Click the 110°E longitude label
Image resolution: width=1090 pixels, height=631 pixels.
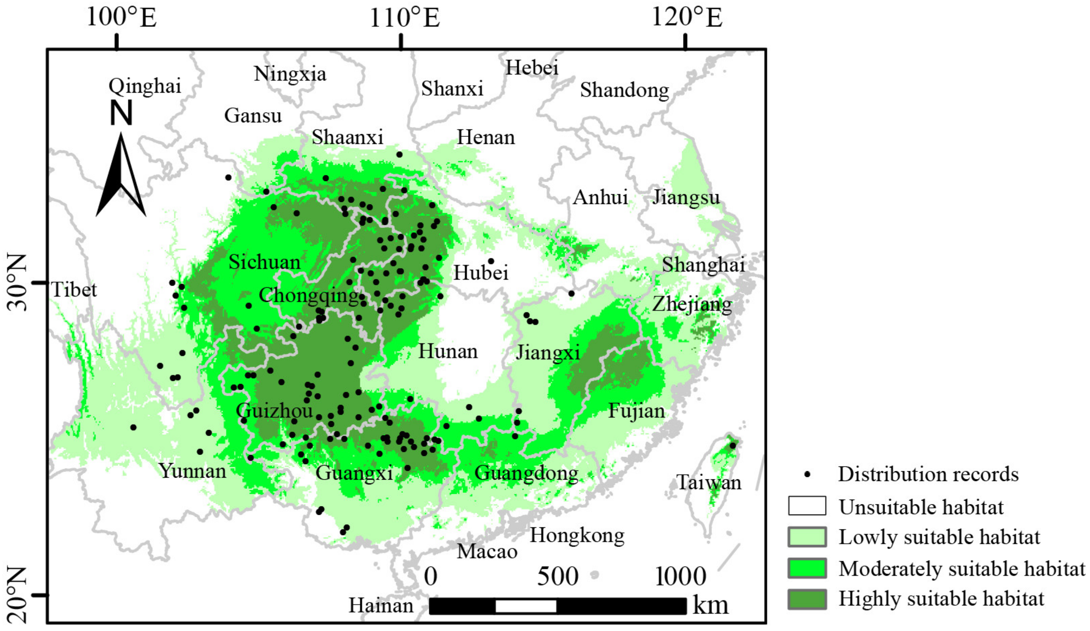click(404, 18)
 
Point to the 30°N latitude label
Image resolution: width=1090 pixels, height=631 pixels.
click(17, 283)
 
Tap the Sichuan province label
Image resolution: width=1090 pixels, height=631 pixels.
click(264, 262)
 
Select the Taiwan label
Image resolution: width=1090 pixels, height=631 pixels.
click(709, 482)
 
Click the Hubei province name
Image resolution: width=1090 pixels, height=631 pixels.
click(480, 273)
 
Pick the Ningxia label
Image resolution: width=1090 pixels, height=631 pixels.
click(290, 74)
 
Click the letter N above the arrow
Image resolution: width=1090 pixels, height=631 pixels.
click(121, 113)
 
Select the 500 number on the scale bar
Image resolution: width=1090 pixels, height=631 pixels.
click(558, 577)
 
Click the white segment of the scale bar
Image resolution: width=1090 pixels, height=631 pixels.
click(525, 606)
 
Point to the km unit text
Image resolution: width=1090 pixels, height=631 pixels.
click(710, 605)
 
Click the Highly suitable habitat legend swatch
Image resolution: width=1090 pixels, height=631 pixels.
click(807, 599)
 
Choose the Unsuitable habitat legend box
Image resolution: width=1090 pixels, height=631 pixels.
click(807, 506)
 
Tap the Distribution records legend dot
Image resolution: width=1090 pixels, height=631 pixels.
click(807, 475)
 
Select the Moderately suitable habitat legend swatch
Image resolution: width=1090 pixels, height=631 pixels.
click(807, 568)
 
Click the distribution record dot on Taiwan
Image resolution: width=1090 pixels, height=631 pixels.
click(733, 445)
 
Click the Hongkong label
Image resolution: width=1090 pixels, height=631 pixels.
click(577, 535)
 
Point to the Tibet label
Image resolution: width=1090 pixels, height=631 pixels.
click(74, 289)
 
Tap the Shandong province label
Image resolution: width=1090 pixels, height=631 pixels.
click(624, 90)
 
